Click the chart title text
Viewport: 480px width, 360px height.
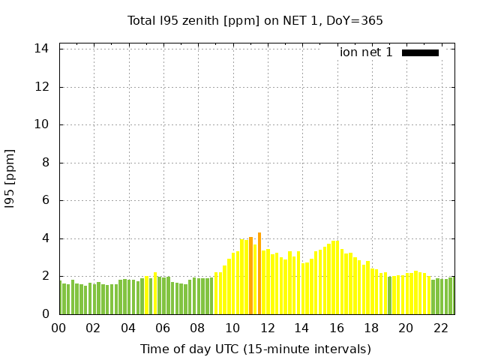point(255,20)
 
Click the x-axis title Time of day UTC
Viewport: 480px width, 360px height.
point(255,349)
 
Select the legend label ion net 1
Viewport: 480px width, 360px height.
point(366,52)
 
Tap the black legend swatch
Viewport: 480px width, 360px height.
point(420,52)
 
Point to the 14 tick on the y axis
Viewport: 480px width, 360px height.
point(42,49)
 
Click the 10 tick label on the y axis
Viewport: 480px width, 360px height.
point(42,124)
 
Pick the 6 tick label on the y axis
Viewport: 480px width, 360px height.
point(46,201)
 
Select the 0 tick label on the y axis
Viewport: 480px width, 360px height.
point(46,314)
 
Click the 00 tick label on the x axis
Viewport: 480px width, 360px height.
point(59,328)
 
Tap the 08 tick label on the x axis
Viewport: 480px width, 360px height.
point(198,328)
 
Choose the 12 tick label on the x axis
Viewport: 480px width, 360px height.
point(267,328)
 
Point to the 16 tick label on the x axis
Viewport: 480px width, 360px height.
point(337,328)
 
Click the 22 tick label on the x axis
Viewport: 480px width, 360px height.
point(441,328)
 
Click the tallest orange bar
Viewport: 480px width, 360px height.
point(259,274)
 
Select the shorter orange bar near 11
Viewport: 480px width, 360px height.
point(250,276)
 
